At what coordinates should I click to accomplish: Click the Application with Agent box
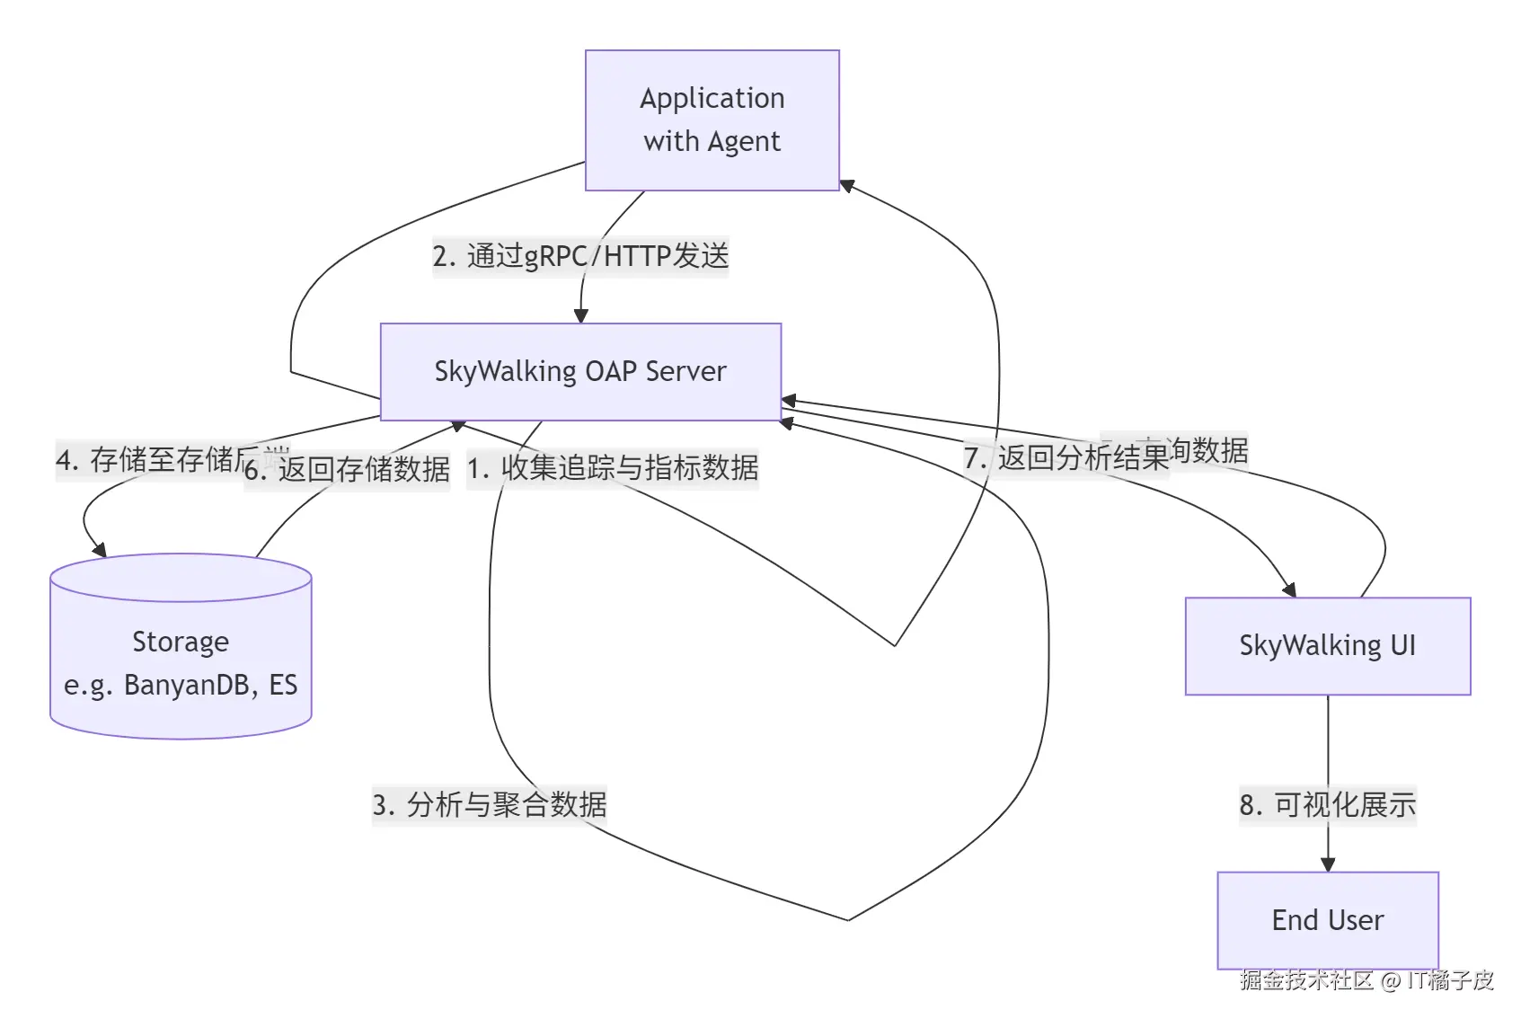click(x=712, y=120)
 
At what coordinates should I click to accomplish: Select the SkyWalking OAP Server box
click(x=580, y=371)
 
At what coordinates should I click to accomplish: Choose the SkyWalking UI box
click(x=1327, y=645)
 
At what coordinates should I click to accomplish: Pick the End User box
click(x=1327, y=919)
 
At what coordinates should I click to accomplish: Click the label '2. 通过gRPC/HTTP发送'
click(x=580, y=256)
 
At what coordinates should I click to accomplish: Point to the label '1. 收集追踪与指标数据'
click(x=613, y=468)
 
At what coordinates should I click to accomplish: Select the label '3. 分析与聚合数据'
click(x=490, y=804)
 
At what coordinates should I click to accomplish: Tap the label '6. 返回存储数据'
click(x=347, y=469)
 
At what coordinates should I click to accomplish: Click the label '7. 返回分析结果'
click(x=1066, y=457)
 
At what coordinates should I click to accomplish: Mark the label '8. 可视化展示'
click(x=1327, y=804)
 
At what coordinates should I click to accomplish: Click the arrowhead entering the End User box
click(x=1328, y=864)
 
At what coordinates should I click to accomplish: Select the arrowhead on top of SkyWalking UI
click(x=1289, y=589)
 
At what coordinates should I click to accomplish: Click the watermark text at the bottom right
click(x=1366, y=979)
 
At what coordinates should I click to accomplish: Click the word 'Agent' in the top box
click(x=744, y=142)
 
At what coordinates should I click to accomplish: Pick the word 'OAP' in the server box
click(x=612, y=371)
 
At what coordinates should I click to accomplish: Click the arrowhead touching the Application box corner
click(x=846, y=185)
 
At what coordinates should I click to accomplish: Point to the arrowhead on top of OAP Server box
click(x=580, y=315)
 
